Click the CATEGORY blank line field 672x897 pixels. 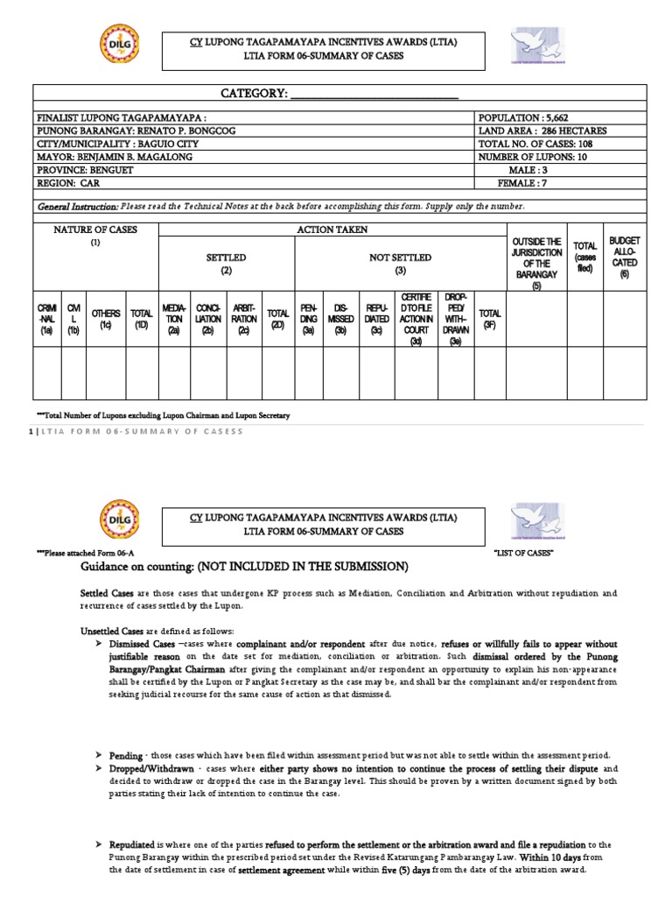pos(374,95)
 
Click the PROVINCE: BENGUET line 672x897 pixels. pos(91,170)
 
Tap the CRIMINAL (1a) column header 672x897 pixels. pos(46,319)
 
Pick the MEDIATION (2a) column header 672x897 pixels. pos(173,319)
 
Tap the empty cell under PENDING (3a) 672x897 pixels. pos(309,372)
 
